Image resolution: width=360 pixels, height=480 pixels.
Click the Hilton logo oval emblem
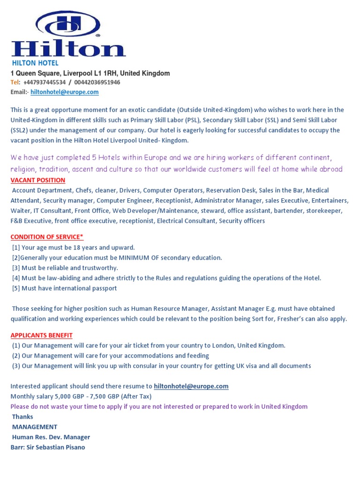coord(67,23)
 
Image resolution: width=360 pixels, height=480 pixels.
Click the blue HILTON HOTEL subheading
coord(35,63)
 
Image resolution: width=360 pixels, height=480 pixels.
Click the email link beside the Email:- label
coord(71,92)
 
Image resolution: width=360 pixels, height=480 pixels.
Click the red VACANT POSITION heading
coord(38,180)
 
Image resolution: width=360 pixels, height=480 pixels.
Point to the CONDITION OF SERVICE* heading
coord(47,237)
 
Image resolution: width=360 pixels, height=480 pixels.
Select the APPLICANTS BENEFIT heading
coord(41,336)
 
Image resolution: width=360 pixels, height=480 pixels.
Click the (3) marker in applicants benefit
coord(16,366)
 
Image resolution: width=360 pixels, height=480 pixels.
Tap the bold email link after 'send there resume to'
coord(191,387)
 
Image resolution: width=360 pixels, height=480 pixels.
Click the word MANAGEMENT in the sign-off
coord(35,427)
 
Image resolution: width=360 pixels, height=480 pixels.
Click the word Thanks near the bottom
coord(22,417)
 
